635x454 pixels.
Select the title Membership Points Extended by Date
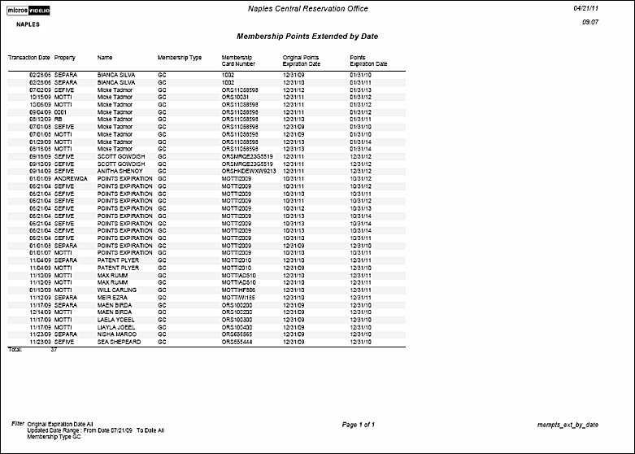tap(307, 37)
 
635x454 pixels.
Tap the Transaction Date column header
tap(28, 58)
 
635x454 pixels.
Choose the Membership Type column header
tap(180, 58)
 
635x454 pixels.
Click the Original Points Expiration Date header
tap(301, 61)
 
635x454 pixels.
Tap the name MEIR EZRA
tap(111, 298)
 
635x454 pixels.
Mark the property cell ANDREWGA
tap(70, 179)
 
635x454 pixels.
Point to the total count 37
tap(54, 349)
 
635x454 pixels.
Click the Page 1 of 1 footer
tap(359, 425)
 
